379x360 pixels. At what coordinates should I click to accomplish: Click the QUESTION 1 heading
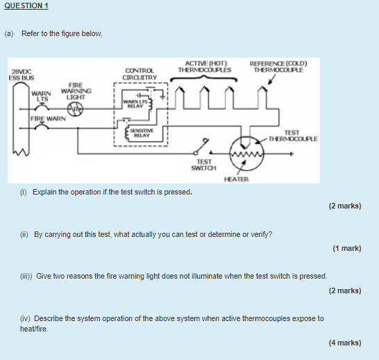(x=26, y=6)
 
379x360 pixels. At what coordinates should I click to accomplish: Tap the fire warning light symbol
(x=75, y=109)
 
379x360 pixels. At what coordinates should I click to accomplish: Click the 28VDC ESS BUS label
(x=22, y=75)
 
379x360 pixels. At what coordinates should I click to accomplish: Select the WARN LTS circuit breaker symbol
(x=42, y=107)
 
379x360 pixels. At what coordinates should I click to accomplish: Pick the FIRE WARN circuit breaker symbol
(x=42, y=126)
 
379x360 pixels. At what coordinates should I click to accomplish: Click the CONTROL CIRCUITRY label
(x=140, y=74)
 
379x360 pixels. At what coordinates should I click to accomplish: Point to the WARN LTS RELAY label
(x=135, y=104)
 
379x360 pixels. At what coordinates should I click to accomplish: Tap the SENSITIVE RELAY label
(x=142, y=133)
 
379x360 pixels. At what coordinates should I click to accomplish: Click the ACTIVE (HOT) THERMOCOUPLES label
(x=205, y=67)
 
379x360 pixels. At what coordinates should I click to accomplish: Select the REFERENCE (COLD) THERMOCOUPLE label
(x=278, y=67)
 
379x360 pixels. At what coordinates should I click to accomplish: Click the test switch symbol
(x=201, y=146)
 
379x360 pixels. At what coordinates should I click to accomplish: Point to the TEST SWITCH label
(x=204, y=165)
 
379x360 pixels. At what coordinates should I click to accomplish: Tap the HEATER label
(x=236, y=179)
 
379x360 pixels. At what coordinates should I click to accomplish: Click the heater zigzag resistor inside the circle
(x=246, y=154)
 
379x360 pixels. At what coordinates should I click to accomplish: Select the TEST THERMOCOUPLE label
(x=293, y=136)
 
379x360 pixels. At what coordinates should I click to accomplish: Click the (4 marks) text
(x=345, y=343)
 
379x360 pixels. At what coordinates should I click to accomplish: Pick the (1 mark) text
(x=347, y=249)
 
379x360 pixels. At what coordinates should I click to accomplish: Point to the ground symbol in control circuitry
(x=163, y=97)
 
